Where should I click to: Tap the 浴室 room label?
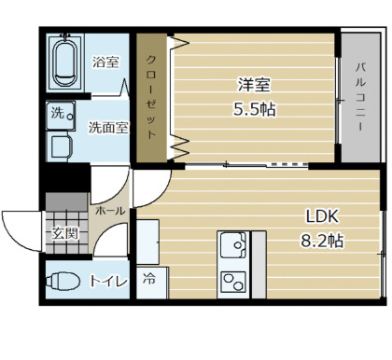coord(105,62)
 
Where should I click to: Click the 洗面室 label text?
coord(108,128)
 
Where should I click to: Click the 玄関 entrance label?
coord(64,233)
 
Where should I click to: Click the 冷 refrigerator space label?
coord(149,277)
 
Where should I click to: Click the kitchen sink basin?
coord(232,246)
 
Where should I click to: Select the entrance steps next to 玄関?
coord(64,203)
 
